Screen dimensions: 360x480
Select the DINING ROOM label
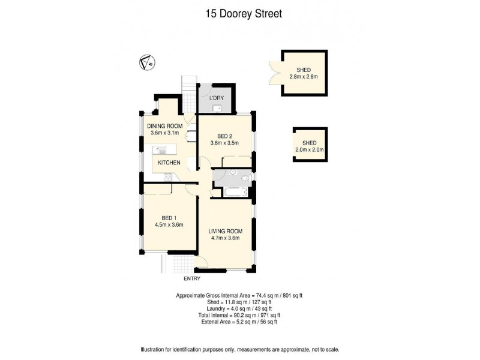click(164, 126)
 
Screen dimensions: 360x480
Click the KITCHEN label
click(169, 163)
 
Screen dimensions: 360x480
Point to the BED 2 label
click(224, 136)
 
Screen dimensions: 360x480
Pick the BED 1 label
click(168, 217)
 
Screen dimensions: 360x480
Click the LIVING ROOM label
click(224, 231)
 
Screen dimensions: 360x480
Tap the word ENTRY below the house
click(192, 278)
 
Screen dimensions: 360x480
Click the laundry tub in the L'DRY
click(217, 109)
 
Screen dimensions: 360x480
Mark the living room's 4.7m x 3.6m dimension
click(224, 238)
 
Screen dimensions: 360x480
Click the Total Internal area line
click(240, 315)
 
